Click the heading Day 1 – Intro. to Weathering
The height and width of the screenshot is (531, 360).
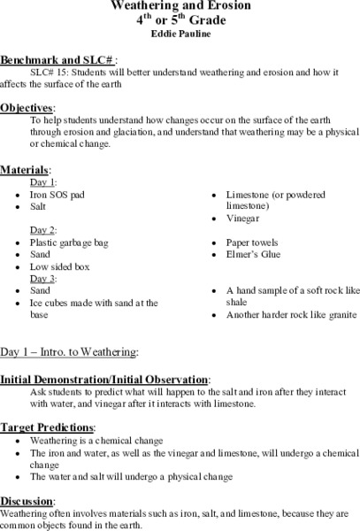[x=69, y=351]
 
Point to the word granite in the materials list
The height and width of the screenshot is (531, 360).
[x=338, y=314]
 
